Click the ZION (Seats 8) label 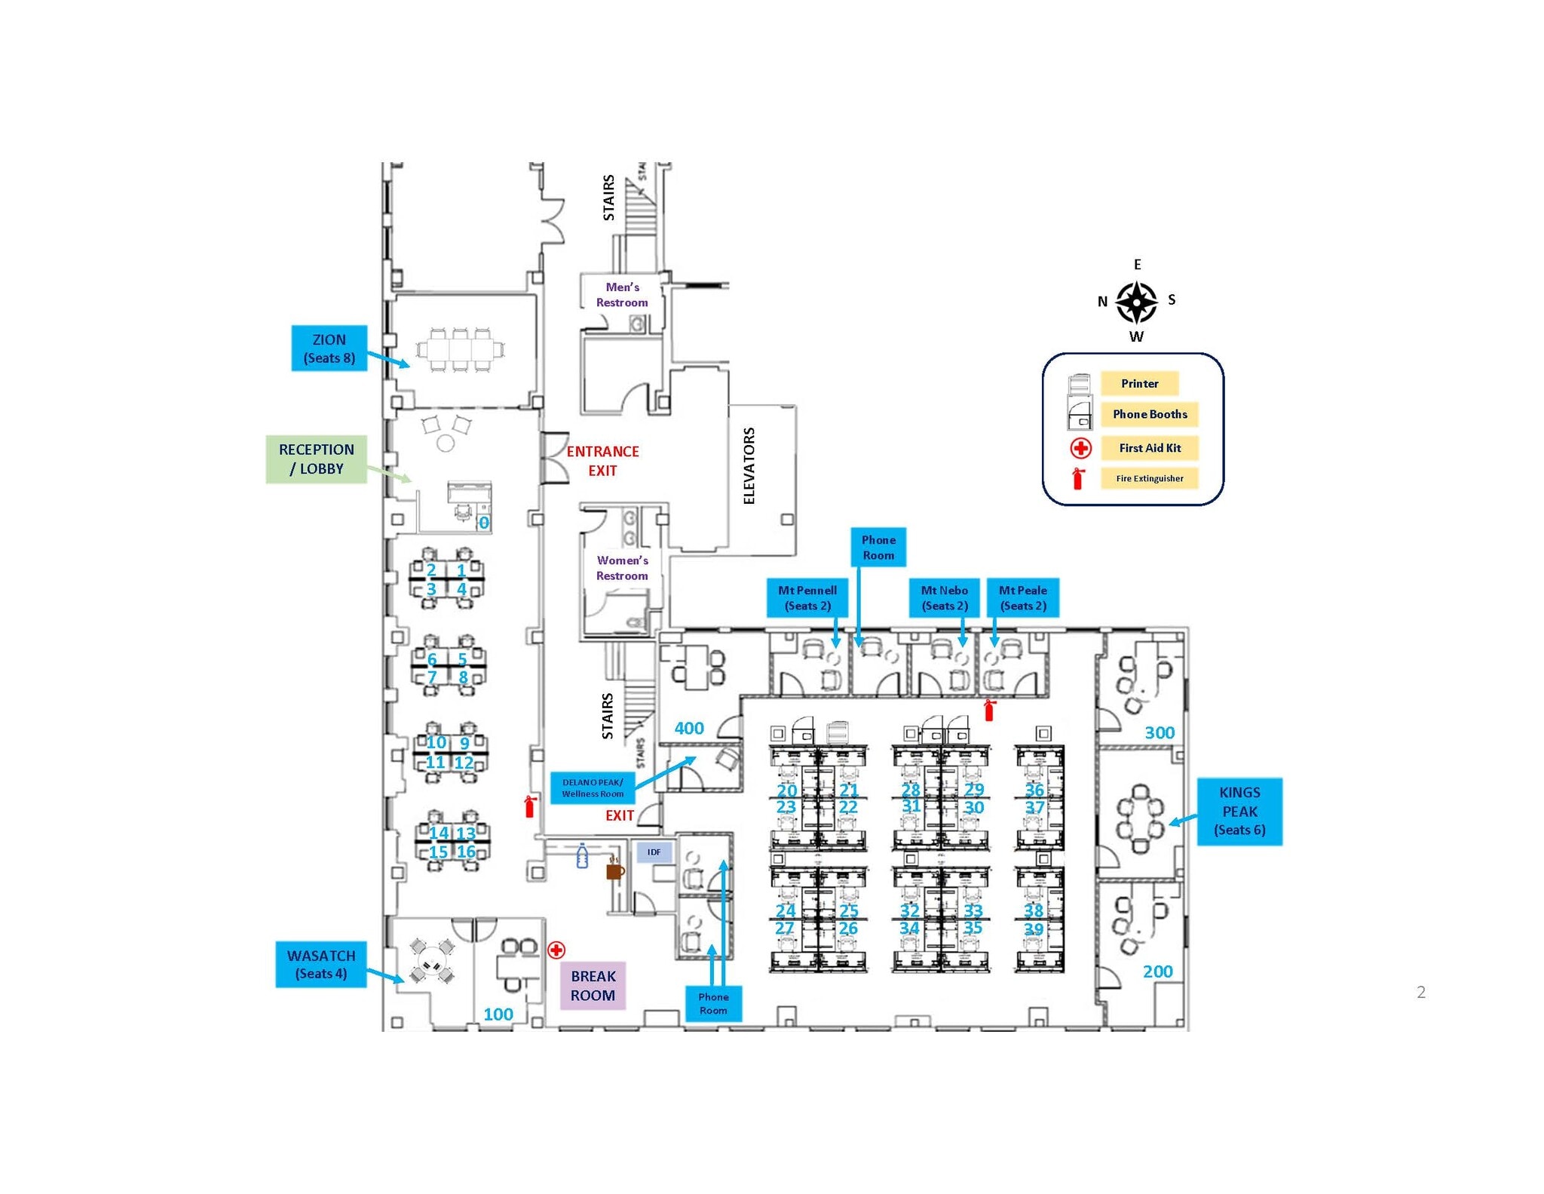[329, 348]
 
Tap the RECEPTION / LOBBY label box [316, 459]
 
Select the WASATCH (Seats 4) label [320, 964]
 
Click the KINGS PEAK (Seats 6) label [1239, 811]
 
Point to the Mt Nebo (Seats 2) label [944, 597]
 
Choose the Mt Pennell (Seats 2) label [807, 597]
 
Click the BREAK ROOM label [593, 985]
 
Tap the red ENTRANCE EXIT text [602, 460]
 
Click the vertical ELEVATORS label [749, 465]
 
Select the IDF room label [654, 852]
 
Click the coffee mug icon [615, 870]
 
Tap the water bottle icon [582, 856]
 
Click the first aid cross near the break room [556, 950]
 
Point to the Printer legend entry [1138, 383]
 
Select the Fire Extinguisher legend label [1149, 478]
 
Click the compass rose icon [1136, 302]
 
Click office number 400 [688, 728]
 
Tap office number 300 [1159, 732]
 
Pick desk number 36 [1034, 789]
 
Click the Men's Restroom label [622, 294]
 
